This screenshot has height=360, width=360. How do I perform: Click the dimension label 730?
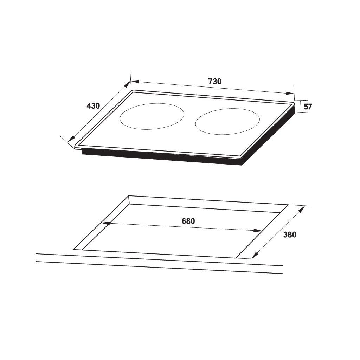[x=214, y=81]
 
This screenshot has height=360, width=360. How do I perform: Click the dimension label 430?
[x=94, y=105]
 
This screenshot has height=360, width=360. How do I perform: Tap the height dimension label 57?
[x=308, y=107]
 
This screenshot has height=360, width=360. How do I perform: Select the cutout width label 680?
[x=188, y=221]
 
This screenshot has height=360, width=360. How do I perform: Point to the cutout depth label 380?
[x=290, y=235]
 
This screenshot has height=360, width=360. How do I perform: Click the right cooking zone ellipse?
[x=227, y=122]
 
